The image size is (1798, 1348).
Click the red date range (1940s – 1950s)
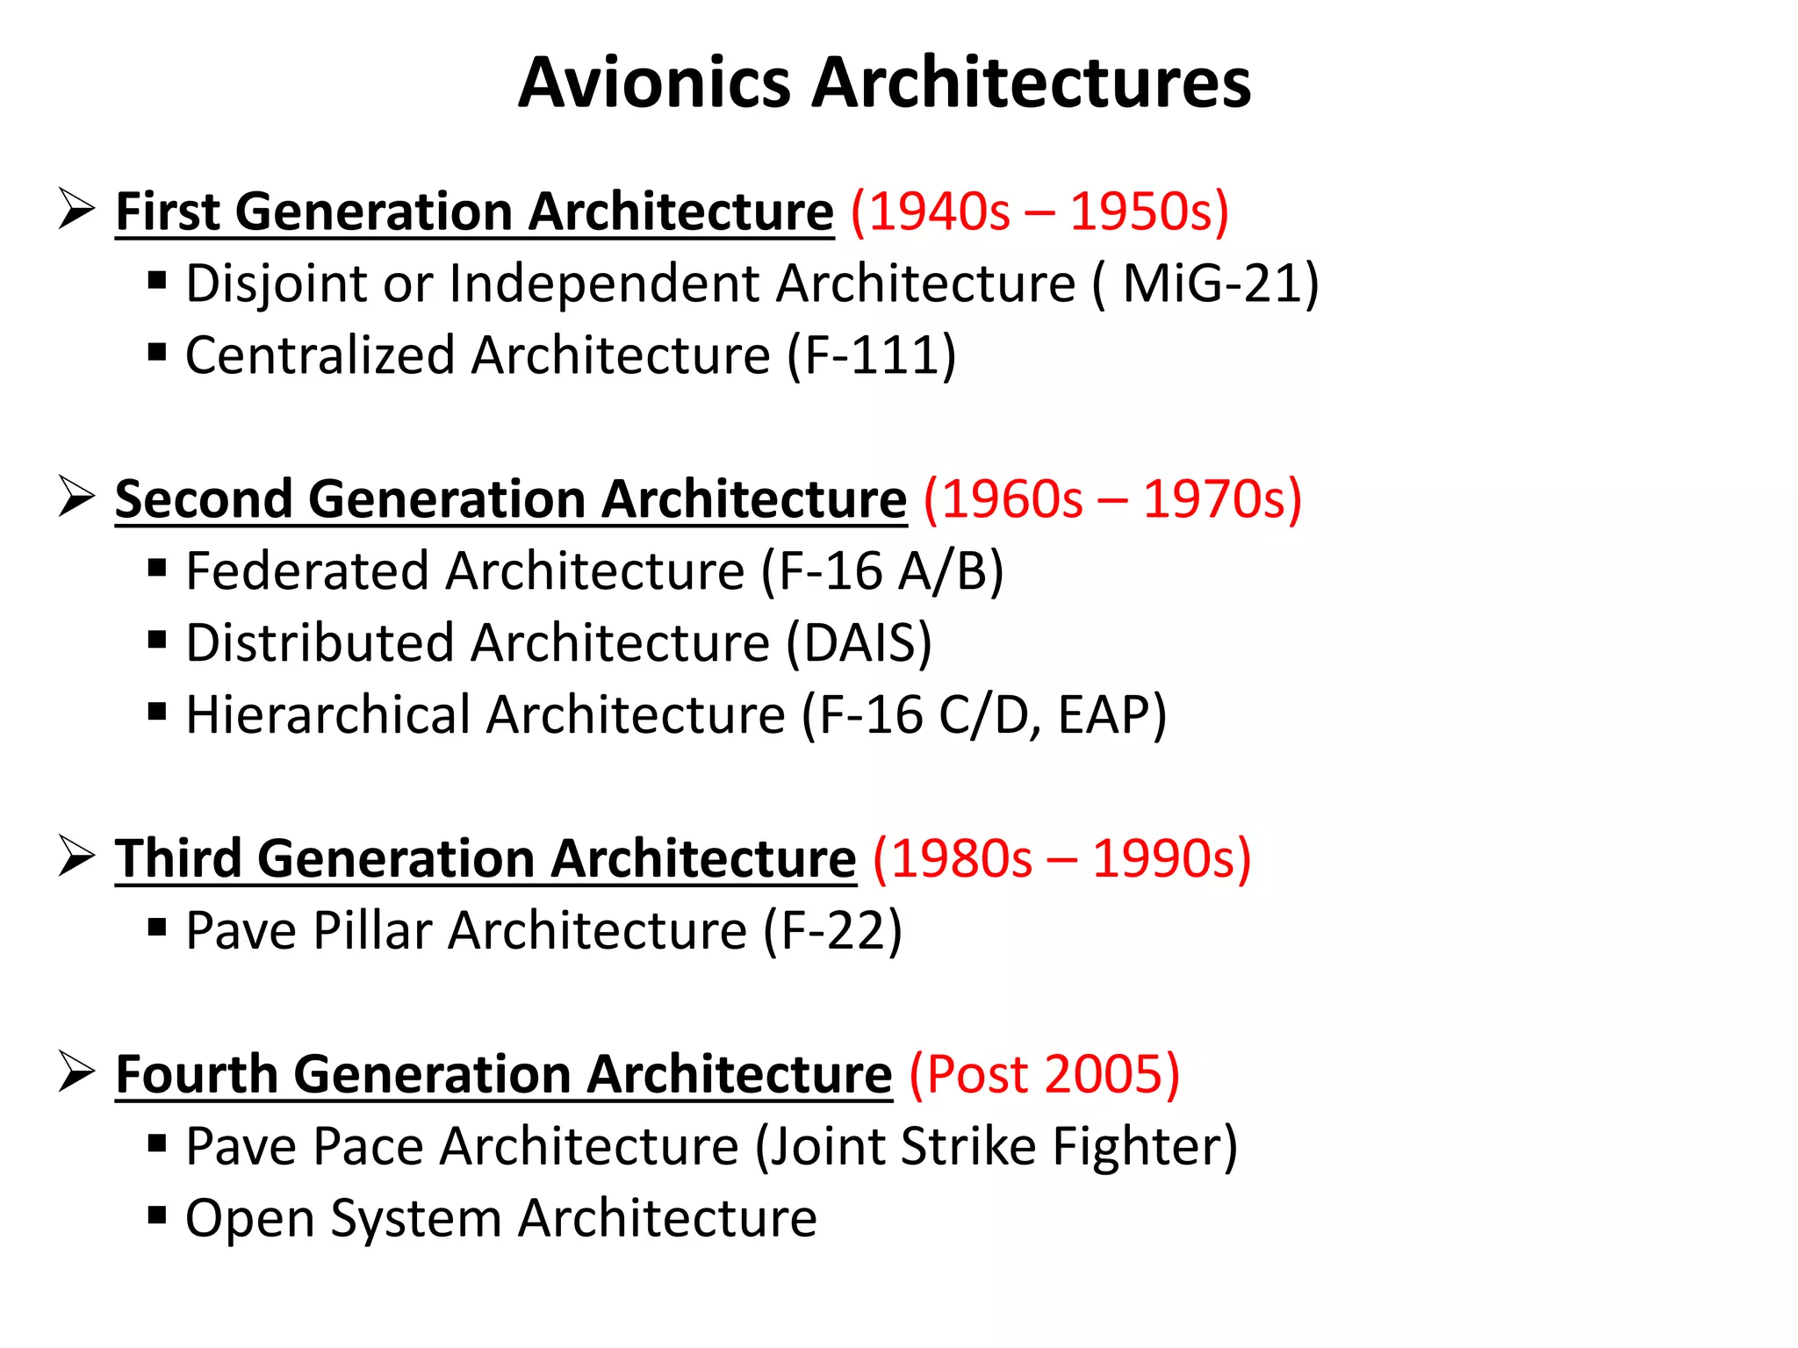click(1039, 212)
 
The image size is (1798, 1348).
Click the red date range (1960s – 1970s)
click(1112, 499)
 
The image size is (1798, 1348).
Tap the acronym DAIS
click(858, 643)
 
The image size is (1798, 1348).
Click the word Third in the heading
click(178, 858)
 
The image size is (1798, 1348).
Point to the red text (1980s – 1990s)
click(1061, 858)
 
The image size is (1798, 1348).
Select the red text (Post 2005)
click(1044, 1074)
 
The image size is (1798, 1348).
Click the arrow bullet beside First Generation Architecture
click(77, 209)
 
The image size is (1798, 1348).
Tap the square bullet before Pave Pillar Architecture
click(157, 927)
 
